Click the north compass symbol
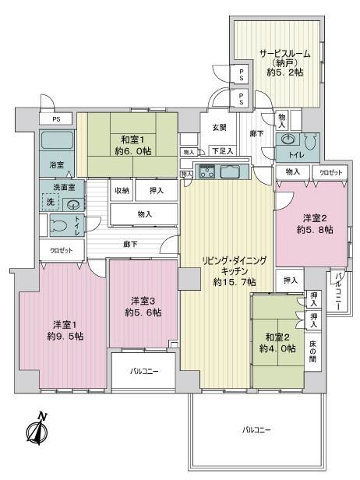[x=37, y=429]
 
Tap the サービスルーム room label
[x=284, y=55]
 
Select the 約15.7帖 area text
[x=235, y=282]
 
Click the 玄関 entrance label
[x=220, y=127]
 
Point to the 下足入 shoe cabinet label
[x=223, y=150]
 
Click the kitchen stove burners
[x=207, y=171]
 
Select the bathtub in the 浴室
[x=57, y=140]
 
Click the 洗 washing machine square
[x=51, y=202]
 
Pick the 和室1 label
[x=132, y=140]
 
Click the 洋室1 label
[x=65, y=324]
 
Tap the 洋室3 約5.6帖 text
[x=143, y=307]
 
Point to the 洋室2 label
[x=315, y=218]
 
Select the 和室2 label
[x=277, y=337]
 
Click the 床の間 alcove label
[x=312, y=351]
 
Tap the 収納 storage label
[x=122, y=191]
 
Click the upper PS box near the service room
[x=242, y=74]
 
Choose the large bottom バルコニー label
[x=256, y=430]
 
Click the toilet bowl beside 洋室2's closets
[x=311, y=142]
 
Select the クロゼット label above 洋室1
[x=62, y=250]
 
